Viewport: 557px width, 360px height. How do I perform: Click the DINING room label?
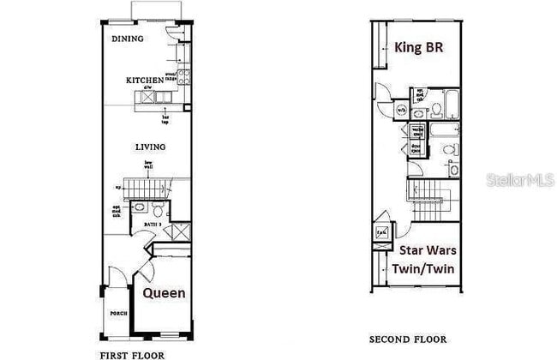tap(128, 39)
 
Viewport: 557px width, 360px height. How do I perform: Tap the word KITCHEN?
tap(144, 81)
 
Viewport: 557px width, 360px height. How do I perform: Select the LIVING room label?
tap(150, 147)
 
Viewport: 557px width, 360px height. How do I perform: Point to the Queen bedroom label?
tap(164, 293)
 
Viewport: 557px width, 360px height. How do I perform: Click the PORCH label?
tap(118, 314)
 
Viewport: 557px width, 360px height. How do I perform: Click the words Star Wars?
tap(428, 251)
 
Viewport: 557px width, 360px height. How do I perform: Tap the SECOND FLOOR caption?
tap(408, 339)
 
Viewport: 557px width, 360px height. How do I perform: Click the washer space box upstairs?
tap(416, 132)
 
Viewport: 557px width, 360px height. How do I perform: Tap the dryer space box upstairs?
tap(416, 148)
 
